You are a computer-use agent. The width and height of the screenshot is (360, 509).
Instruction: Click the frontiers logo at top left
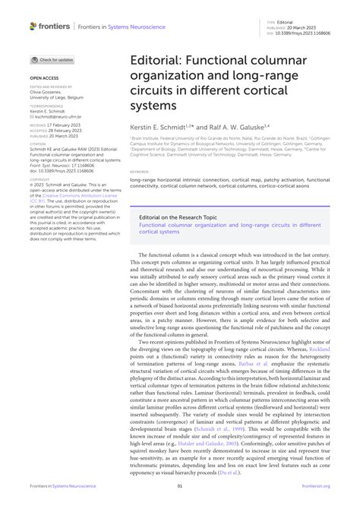[x=49, y=26]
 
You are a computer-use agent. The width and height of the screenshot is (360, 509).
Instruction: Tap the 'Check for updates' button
[x=52, y=59]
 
